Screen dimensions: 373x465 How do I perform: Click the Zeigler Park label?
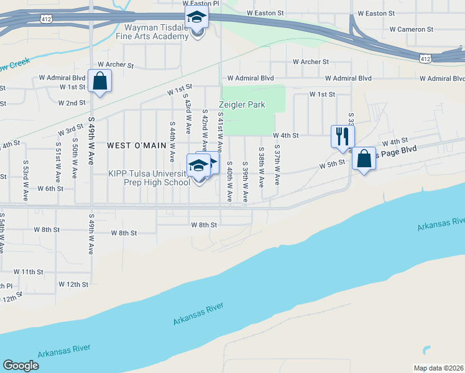click(x=242, y=104)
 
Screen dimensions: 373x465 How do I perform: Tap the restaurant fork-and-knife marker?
click(x=342, y=136)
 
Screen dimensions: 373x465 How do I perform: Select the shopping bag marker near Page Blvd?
click(x=364, y=159)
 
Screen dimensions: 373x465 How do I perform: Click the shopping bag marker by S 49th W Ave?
click(x=99, y=81)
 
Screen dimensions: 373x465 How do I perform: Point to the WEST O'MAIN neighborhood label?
click(x=137, y=145)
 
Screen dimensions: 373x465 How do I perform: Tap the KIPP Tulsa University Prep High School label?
click(x=149, y=178)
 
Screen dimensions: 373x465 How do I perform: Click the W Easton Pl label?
click(x=201, y=4)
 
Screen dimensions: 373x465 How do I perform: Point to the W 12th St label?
click(x=74, y=284)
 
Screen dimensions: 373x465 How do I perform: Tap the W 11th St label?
click(x=28, y=272)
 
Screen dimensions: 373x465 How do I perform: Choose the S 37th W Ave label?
click(x=277, y=167)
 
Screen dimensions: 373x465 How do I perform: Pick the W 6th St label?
click(x=50, y=188)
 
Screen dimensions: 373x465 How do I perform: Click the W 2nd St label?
click(x=72, y=103)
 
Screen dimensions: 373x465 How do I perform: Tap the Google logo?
click(x=21, y=366)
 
